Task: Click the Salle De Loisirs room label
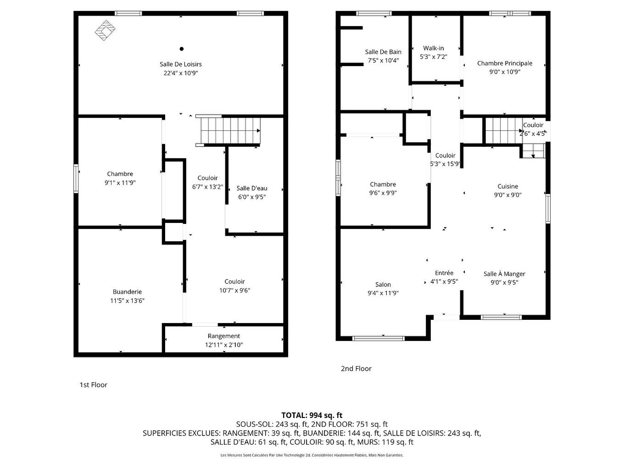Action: (x=181, y=64)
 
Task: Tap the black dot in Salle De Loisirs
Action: (x=182, y=49)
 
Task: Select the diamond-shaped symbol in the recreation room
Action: (x=105, y=30)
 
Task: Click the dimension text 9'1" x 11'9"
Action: (x=120, y=183)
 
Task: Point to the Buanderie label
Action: (x=127, y=292)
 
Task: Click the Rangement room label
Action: (x=223, y=336)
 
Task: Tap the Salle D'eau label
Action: (x=252, y=188)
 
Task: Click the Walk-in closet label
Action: (x=434, y=48)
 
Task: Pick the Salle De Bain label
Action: (x=383, y=52)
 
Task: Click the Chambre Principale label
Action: (x=505, y=63)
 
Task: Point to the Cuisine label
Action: (x=507, y=186)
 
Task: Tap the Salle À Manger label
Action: (x=504, y=274)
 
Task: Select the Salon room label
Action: (x=383, y=284)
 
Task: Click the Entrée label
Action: (x=444, y=273)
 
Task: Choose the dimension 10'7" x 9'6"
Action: (x=234, y=290)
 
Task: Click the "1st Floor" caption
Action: (x=93, y=385)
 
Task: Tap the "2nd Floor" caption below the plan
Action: (x=356, y=368)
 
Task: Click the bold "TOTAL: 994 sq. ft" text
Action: (x=312, y=415)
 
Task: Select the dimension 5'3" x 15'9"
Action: (x=445, y=164)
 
